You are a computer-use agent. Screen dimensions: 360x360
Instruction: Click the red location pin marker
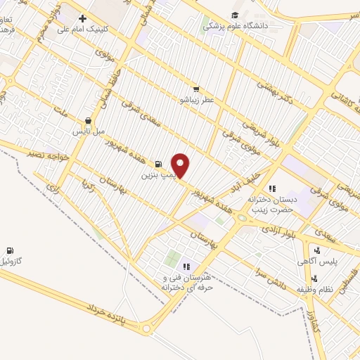point(181,165)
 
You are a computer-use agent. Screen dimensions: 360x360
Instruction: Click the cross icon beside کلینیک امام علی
point(83,18)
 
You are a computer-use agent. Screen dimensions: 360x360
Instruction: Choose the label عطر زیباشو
point(195,100)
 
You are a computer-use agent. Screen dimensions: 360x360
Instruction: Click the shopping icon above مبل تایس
point(87,120)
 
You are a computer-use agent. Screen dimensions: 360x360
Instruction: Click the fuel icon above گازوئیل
point(10,250)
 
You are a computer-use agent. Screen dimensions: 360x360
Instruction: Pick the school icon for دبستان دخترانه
point(273,188)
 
